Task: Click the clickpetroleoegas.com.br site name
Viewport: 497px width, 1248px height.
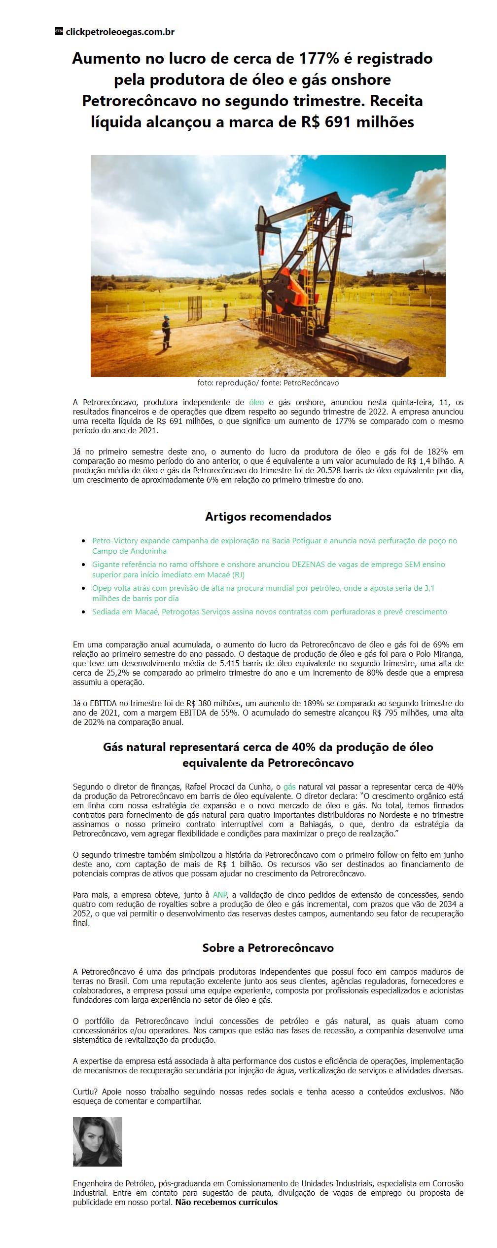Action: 120,32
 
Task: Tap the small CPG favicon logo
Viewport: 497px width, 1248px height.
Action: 59,32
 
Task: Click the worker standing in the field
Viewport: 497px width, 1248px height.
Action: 166,334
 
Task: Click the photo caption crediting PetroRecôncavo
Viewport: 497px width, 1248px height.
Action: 268,382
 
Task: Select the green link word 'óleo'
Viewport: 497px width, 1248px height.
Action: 256,402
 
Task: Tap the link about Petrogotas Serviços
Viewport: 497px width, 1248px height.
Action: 269,611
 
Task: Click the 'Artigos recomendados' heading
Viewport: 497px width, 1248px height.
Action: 268,517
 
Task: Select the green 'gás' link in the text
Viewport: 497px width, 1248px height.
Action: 289,786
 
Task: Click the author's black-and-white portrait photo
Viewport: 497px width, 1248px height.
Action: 97,1141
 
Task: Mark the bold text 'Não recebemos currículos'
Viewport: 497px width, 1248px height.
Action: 226,1202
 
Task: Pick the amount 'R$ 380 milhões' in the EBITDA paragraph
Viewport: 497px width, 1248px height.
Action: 198,703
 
